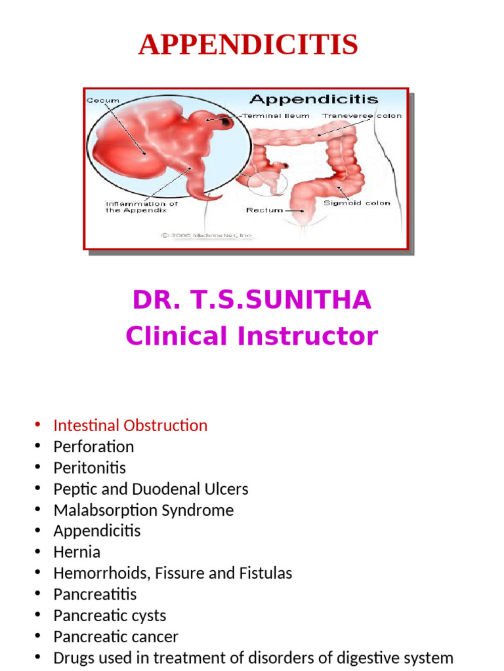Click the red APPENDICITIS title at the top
point(248,45)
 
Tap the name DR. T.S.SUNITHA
point(251,300)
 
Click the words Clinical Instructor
point(251,336)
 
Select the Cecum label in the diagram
point(102,101)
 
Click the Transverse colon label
point(362,116)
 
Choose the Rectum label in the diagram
point(264,210)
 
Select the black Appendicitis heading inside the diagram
point(314,100)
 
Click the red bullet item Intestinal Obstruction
point(130,425)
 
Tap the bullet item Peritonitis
point(89,468)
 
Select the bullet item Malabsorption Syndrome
point(143,510)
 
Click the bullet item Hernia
point(77,552)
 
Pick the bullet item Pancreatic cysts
point(110,615)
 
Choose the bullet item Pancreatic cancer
point(115,636)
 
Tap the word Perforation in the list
point(93,447)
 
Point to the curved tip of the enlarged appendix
point(213,195)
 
